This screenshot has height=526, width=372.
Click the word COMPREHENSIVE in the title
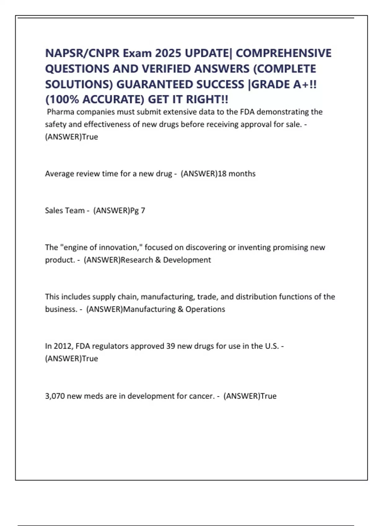pos(283,53)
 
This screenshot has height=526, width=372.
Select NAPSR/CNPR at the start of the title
pos(82,53)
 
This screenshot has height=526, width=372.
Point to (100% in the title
pos(62,100)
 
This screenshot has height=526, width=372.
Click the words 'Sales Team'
pos(65,210)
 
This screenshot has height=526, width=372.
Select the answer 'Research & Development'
pos(166,260)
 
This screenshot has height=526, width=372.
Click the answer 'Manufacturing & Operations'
pos(174,309)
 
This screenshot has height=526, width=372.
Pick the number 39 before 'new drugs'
pos(170,346)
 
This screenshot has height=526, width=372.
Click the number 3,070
pos(55,396)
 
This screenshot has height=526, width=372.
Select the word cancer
pos(201,396)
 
